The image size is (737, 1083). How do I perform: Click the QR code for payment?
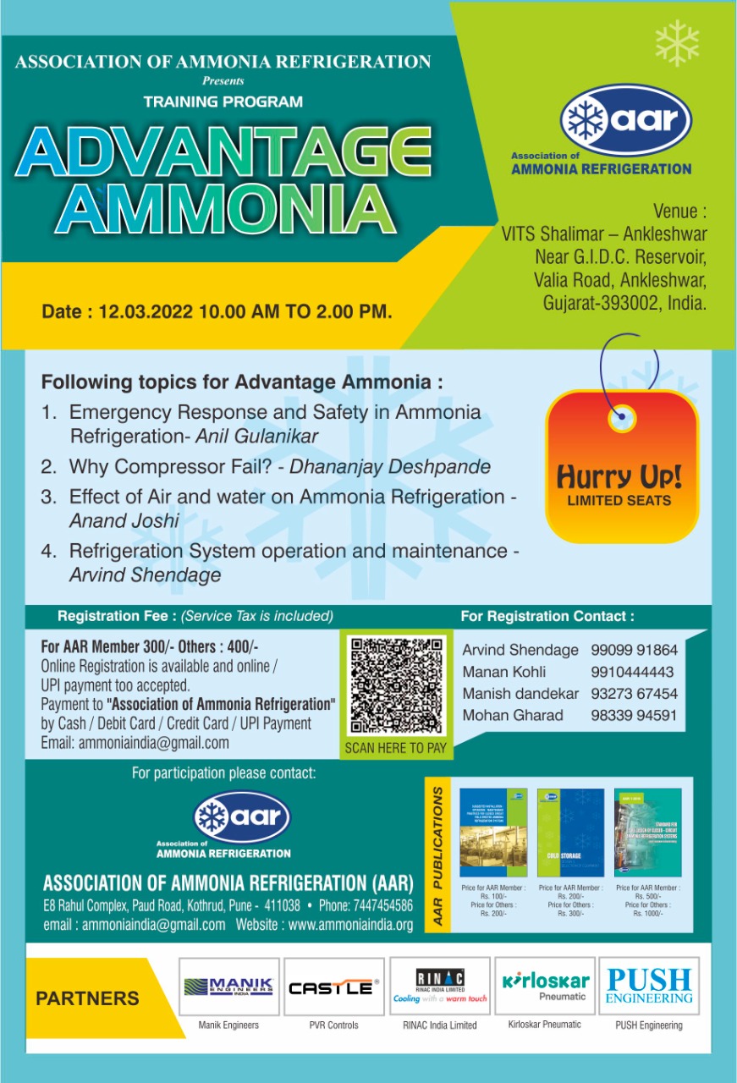tap(395, 685)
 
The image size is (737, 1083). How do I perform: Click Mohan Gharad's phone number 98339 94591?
tap(634, 715)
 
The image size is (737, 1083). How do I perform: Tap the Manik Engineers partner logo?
tap(228, 987)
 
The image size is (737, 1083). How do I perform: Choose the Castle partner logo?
tap(333, 987)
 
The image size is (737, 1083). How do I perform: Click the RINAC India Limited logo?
tap(439, 987)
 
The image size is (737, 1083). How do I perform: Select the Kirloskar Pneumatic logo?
tap(545, 987)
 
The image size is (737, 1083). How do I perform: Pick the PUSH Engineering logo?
tap(649, 987)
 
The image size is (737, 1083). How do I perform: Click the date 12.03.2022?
tap(146, 311)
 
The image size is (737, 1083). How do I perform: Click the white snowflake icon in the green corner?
tap(678, 42)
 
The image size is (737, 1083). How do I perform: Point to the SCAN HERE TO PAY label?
tap(395, 748)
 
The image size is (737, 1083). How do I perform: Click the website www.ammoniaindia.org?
tap(350, 925)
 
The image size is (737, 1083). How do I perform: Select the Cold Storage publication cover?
tap(570, 833)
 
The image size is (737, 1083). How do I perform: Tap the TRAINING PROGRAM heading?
tap(223, 102)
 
